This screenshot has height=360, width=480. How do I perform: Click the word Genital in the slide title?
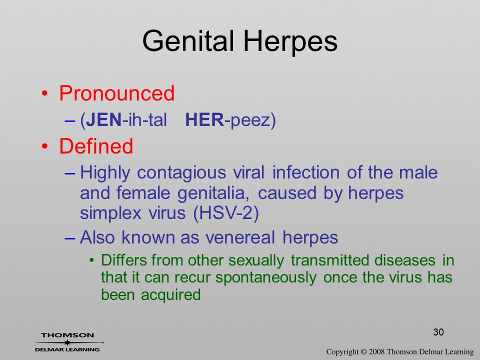click(188, 40)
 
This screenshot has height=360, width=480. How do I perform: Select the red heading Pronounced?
click(116, 93)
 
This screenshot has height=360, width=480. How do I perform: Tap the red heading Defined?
click(96, 145)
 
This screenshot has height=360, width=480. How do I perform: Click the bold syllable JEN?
click(104, 119)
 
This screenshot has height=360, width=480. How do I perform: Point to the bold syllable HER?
click(204, 119)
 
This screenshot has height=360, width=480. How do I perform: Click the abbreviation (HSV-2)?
click(226, 213)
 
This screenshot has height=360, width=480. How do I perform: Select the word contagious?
click(181, 173)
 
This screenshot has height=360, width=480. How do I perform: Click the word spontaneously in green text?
click(266, 278)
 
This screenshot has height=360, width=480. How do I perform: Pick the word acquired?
click(171, 295)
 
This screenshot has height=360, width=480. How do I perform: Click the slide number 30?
click(438, 332)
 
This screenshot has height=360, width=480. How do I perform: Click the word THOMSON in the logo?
click(67, 335)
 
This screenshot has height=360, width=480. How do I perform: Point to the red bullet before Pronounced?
click(44, 93)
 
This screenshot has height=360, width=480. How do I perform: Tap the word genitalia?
click(215, 193)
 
